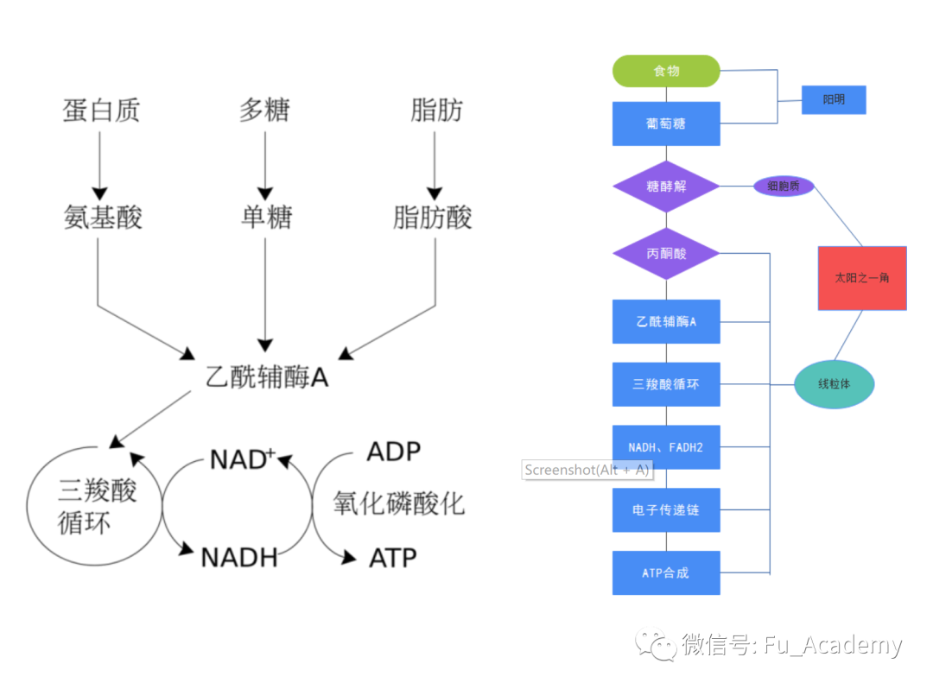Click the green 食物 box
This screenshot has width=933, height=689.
pyautogui.click(x=666, y=71)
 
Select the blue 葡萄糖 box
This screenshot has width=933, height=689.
pyautogui.click(x=666, y=123)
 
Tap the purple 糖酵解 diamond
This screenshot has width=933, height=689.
pyautogui.click(x=666, y=186)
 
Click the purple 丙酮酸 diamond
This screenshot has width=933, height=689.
pyautogui.click(x=666, y=254)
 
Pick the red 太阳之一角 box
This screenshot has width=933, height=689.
pyautogui.click(x=862, y=278)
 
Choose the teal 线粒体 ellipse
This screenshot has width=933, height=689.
pyautogui.click(x=835, y=384)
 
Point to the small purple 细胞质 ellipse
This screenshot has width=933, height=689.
pyautogui.click(x=784, y=186)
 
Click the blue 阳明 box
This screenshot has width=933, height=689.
pyautogui.click(x=834, y=100)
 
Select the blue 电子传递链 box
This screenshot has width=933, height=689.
pyautogui.click(x=666, y=510)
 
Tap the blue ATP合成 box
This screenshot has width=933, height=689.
pyautogui.click(x=666, y=572)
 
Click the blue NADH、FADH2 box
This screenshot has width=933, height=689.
pyautogui.click(x=666, y=447)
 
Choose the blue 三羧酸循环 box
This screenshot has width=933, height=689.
pyautogui.click(x=666, y=384)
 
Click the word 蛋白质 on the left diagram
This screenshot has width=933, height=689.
pyautogui.click(x=101, y=111)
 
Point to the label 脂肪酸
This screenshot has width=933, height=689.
pyautogui.click(x=433, y=218)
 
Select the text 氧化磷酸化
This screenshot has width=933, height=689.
pyautogui.click(x=399, y=503)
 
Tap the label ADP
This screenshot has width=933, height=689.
pyautogui.click(x=394, y=452)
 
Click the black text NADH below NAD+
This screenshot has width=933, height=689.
pyautogui.click(x=239, y=558)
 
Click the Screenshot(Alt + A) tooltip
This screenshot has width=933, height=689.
pyautogui.click(x=587, y=470)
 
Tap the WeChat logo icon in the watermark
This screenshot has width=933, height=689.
pyautogui.click(x=657, y=644)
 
